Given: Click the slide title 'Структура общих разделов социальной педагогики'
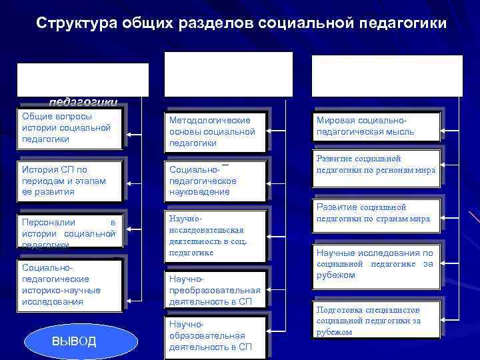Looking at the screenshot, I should coord(241,23).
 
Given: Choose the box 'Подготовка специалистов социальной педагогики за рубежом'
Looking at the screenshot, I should coord(377,321).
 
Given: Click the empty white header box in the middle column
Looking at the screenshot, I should coord(228,74).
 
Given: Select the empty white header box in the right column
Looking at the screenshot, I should coord(387,75).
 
